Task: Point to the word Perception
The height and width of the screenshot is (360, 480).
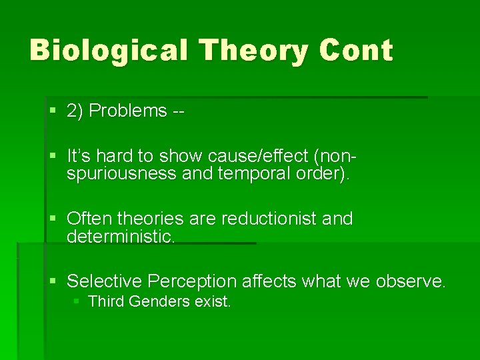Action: pyautogui.click(x=193, y=282)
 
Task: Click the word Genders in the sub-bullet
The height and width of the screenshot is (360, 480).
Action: pyautogui.click(x=159, y=302)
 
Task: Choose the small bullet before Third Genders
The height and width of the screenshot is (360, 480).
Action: pyautogui.click(x=77, y=302)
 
